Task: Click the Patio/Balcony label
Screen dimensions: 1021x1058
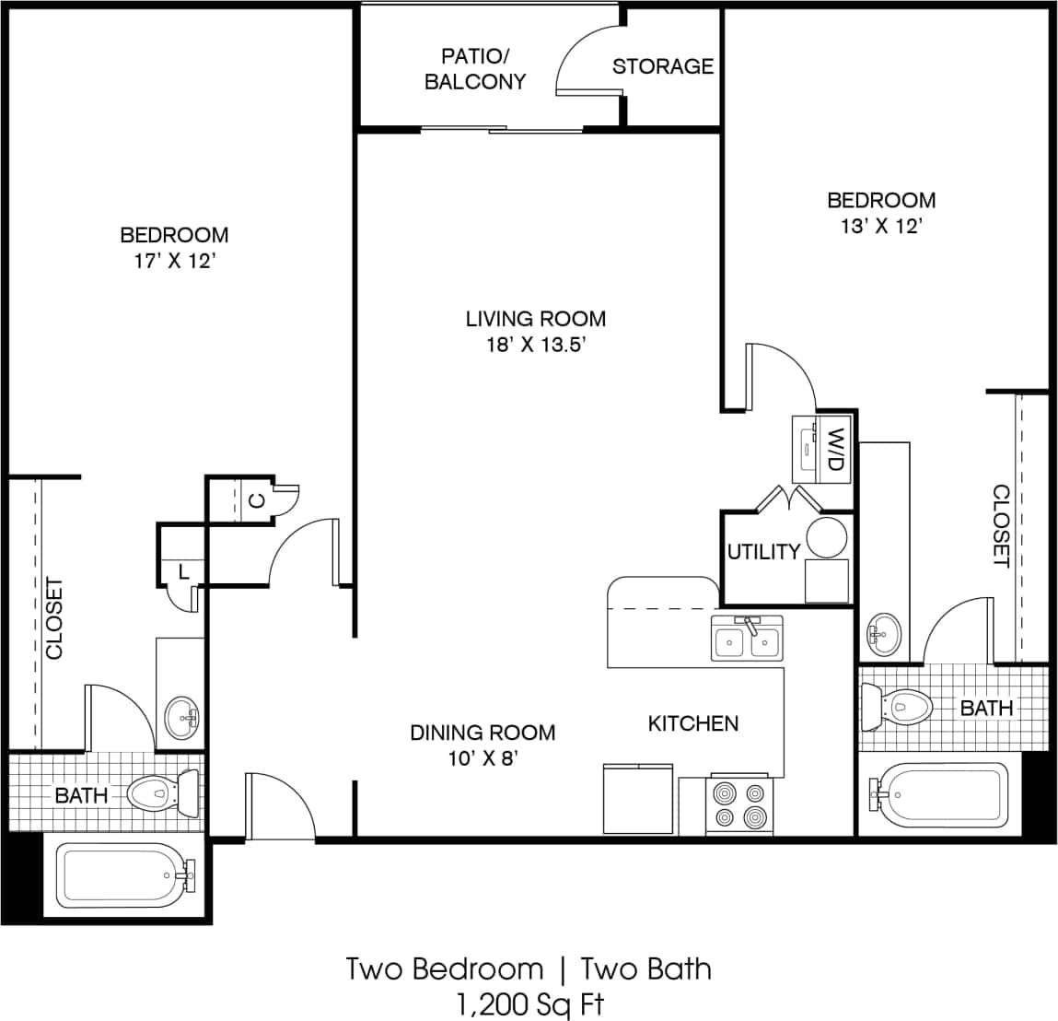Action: (x=474, y=69)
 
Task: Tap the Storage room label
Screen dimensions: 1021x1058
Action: (x=662, y=66)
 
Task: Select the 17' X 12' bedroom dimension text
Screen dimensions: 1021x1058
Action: (x=174, y=261)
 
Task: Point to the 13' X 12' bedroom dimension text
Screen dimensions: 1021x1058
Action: (x=880, y=227)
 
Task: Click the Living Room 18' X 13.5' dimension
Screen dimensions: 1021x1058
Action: (x=535, y=346)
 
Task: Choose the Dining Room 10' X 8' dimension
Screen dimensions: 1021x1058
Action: (x=482, y=759)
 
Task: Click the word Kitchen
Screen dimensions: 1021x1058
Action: (x=692, y=724)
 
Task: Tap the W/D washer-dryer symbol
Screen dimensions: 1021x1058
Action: (x=823, y=448)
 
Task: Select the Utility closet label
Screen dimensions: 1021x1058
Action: (x=762, y=552)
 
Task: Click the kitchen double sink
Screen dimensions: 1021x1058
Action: (x=747, y=640)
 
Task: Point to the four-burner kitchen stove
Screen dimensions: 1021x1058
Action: (x=739, y=805)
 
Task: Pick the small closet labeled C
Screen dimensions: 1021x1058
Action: (x=258, y=501)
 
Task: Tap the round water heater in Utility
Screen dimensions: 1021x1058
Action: (x=826, y=536)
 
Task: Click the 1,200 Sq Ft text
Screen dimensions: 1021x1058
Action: (x=529, y=1002)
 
